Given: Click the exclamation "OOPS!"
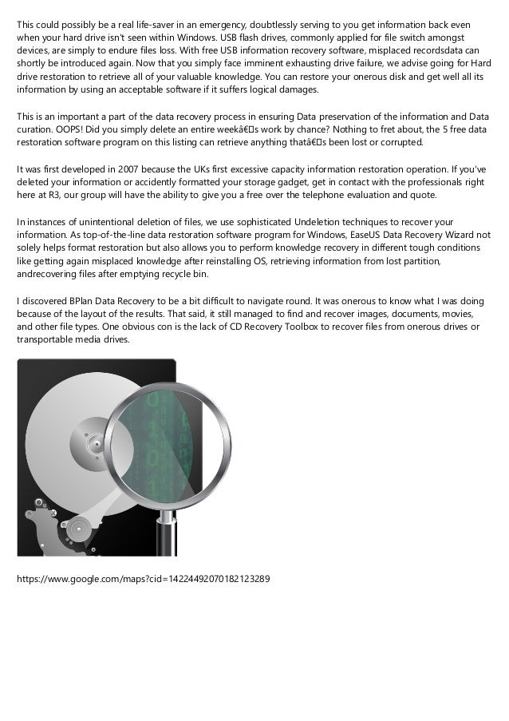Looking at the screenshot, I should (71, 129).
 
